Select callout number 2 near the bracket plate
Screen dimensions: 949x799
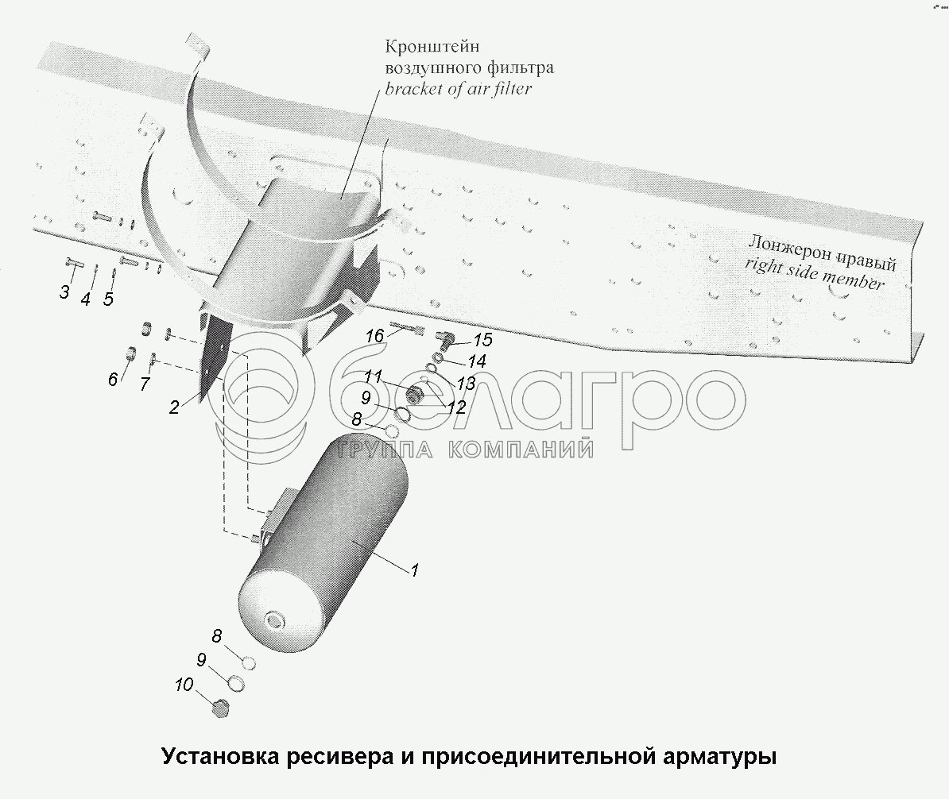[173, 407]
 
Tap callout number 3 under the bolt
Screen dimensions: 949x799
[64, 291]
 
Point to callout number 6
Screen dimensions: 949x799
[112, 380]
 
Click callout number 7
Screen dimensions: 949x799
[144, 384]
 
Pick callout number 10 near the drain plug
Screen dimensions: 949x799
[184, 684]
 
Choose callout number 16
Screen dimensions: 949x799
[374, 336]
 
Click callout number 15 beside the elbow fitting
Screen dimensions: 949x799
[482, 341]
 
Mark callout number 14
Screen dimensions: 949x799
[476, 361]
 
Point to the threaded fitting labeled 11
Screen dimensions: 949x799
[413, 395]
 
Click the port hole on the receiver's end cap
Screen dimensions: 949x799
[276, 619]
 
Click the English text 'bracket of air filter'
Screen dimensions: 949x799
[459, 88]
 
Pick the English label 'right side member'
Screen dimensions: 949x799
[815, 272]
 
